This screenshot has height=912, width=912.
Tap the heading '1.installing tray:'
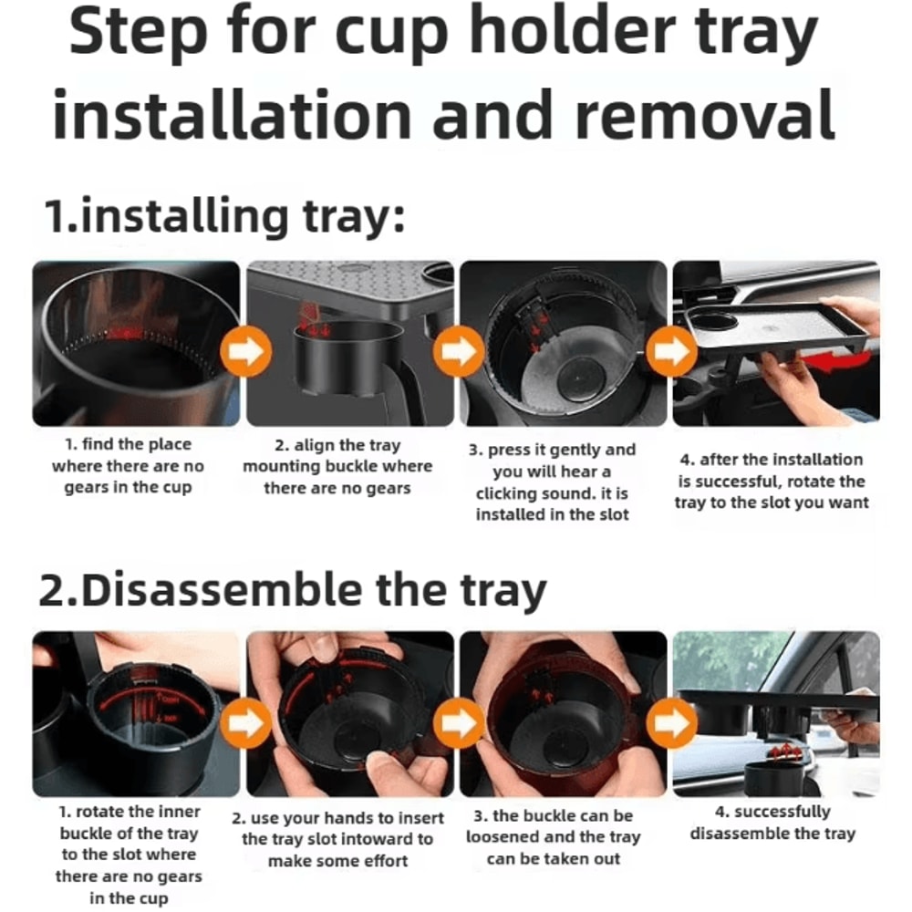point(224,217)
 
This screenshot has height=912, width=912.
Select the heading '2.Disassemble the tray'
point(292,590)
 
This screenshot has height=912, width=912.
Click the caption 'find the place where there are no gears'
point(128,466)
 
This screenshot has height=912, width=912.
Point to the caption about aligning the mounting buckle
point(337,467)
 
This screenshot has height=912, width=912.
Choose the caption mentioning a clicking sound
point(552,482)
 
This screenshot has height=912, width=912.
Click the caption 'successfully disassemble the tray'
point(772,823)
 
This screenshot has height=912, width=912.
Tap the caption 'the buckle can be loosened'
point(553,837)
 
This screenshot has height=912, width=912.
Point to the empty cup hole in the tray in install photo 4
point(718,321)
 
